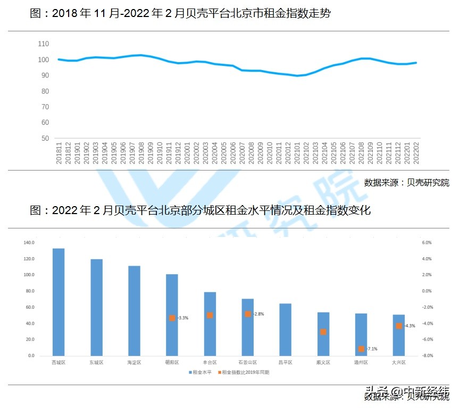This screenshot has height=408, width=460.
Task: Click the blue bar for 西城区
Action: [58, 302]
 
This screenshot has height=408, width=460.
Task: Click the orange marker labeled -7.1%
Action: [361, 349]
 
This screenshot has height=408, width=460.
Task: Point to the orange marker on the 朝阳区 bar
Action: [172, 318]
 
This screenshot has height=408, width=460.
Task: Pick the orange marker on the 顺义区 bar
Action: [323, 332]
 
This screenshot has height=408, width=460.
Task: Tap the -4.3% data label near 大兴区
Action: [409, 326]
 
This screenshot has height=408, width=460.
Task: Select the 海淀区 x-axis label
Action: [134, 362]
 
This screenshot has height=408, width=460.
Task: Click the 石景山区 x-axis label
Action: [247, 362]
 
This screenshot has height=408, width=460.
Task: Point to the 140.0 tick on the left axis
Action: [29, 243]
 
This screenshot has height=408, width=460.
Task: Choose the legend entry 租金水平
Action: [200, 372]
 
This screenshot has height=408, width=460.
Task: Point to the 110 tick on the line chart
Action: [43, 44]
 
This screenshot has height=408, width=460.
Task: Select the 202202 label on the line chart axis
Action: [416, 154]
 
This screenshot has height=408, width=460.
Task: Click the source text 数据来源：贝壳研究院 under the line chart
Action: [406, 183]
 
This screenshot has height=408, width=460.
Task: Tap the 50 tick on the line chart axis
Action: [45, 139]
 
